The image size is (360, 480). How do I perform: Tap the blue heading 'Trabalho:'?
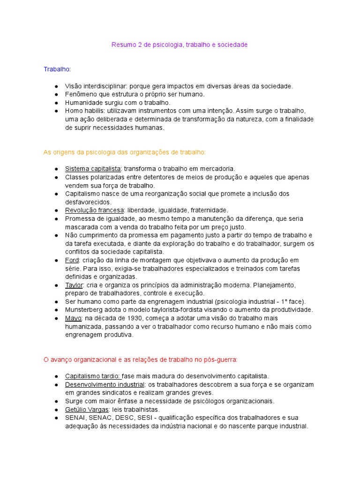[57, 69]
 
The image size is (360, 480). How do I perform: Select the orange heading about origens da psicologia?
[124, 152]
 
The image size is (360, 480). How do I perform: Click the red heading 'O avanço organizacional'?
[140, 360]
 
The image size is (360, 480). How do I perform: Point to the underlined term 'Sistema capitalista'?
[93, 169]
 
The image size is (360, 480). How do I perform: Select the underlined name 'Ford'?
[73, 260]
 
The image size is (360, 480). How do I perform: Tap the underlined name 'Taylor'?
[74, 285]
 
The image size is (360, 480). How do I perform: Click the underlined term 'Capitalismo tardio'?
[93, 376]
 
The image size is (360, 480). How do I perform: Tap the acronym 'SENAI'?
[75, 418]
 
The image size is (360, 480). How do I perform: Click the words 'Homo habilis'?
[85, 111]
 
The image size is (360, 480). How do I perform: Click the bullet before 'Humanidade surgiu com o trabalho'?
[56, 103]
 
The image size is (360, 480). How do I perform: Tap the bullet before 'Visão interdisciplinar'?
[56, 86]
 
